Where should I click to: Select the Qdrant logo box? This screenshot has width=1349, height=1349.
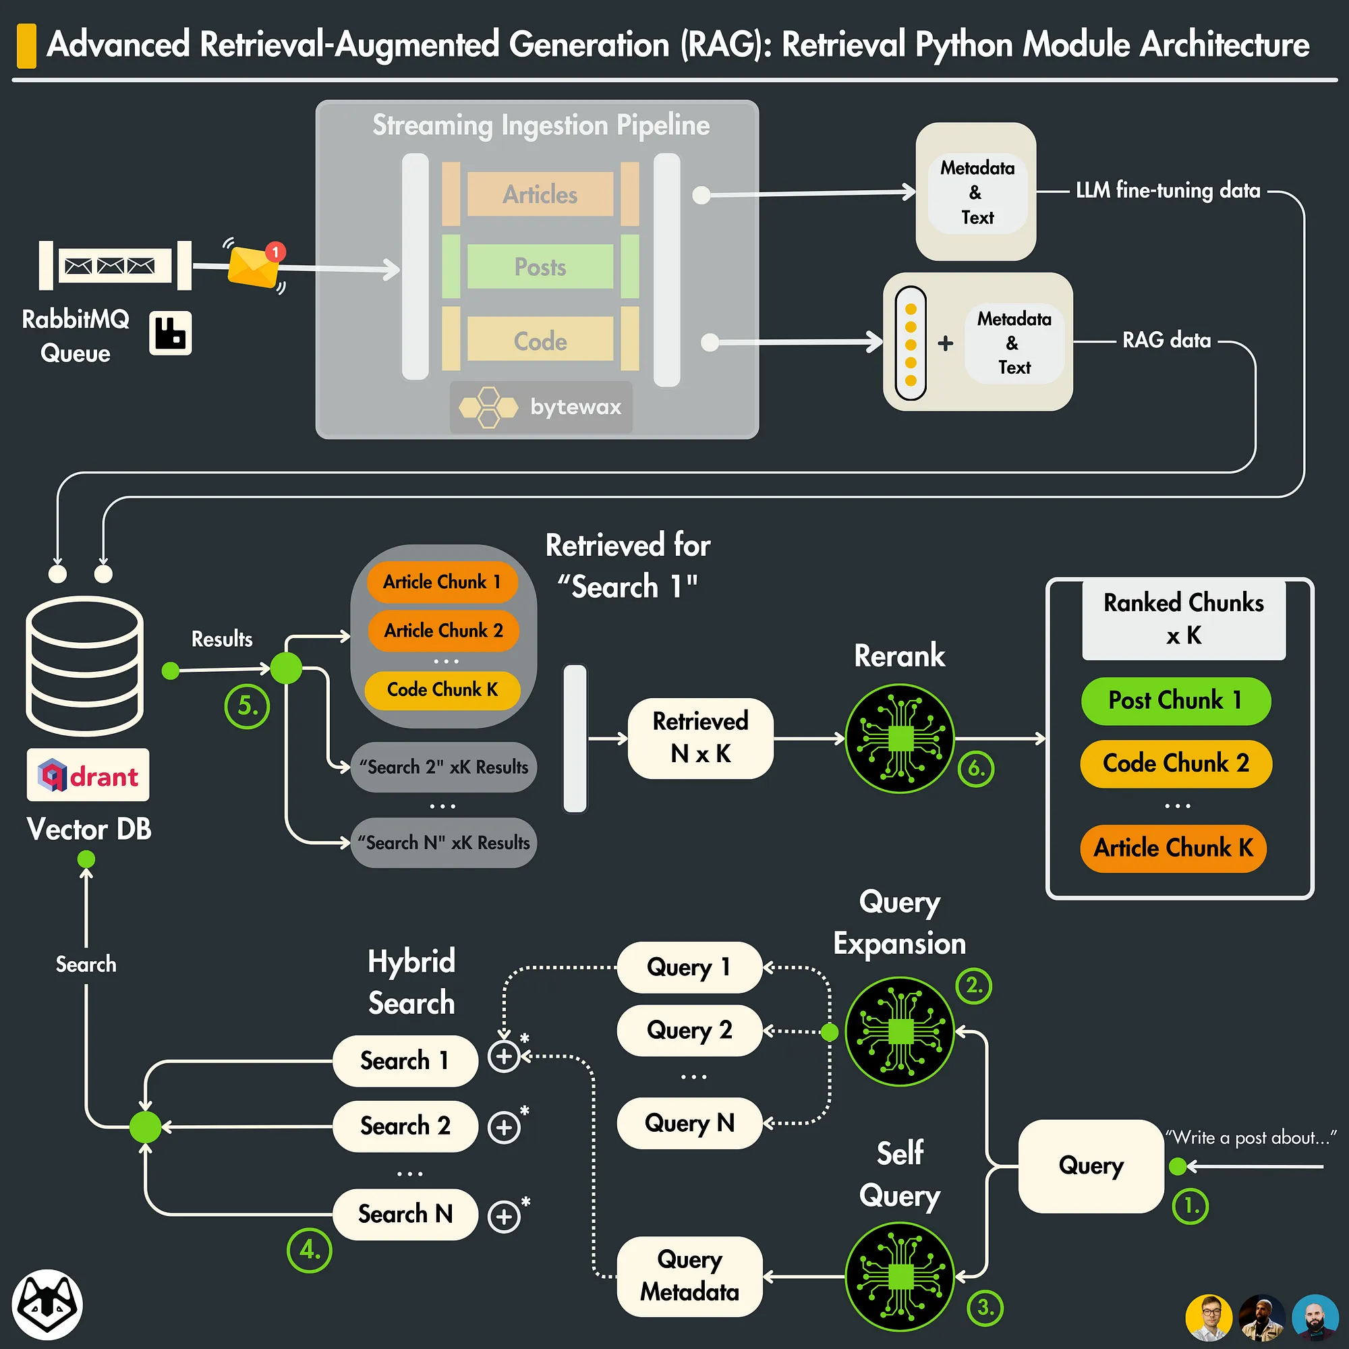coord(88,775)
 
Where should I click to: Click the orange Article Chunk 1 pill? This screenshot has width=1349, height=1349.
coord(442,582)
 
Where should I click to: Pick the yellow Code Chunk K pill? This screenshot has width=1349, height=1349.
coord(442,690)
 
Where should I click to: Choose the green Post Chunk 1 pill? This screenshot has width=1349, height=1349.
coord(1175,700)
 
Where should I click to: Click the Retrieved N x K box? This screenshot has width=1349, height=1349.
coord(700,738)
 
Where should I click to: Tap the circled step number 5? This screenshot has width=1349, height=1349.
coord(246,707)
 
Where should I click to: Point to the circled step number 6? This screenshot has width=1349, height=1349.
coord(975,769)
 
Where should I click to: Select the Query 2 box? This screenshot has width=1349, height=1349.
coord(689,1030)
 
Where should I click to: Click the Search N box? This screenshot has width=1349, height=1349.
coord(405,1214)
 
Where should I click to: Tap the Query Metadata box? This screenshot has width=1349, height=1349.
coord(689,1275)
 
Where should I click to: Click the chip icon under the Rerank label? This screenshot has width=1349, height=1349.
coord(900,738)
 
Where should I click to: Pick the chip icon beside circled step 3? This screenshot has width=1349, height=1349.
coord(900,1276)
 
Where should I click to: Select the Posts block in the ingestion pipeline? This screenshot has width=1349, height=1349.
coord(540,266)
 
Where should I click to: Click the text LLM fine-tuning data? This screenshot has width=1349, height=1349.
coord(1168,190)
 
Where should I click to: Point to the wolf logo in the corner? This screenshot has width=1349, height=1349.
coord(47,1304)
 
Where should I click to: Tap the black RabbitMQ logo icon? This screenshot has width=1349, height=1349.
coord(171,333)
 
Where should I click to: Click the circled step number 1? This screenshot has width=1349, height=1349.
coord(1190,1206)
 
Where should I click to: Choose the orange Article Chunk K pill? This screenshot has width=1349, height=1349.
coord(1173,848)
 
